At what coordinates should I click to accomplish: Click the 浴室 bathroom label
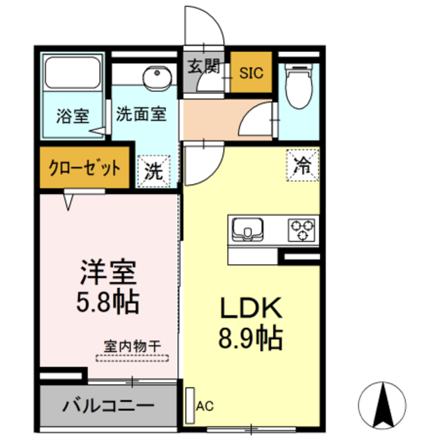point(71,115)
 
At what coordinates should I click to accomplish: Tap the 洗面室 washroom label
point(141,113)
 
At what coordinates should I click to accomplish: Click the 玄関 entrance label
point(204,67)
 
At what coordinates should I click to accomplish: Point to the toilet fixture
point(298,86)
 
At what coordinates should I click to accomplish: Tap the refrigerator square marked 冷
point(302,165)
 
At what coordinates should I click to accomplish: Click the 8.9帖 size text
point(251,337)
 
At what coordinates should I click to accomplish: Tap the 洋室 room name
point(109,273)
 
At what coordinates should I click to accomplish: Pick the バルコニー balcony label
point(109,405)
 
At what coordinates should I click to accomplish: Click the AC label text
point(205,406)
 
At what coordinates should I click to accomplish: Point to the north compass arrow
point(381,405)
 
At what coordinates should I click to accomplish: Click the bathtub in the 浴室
point(72,73)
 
